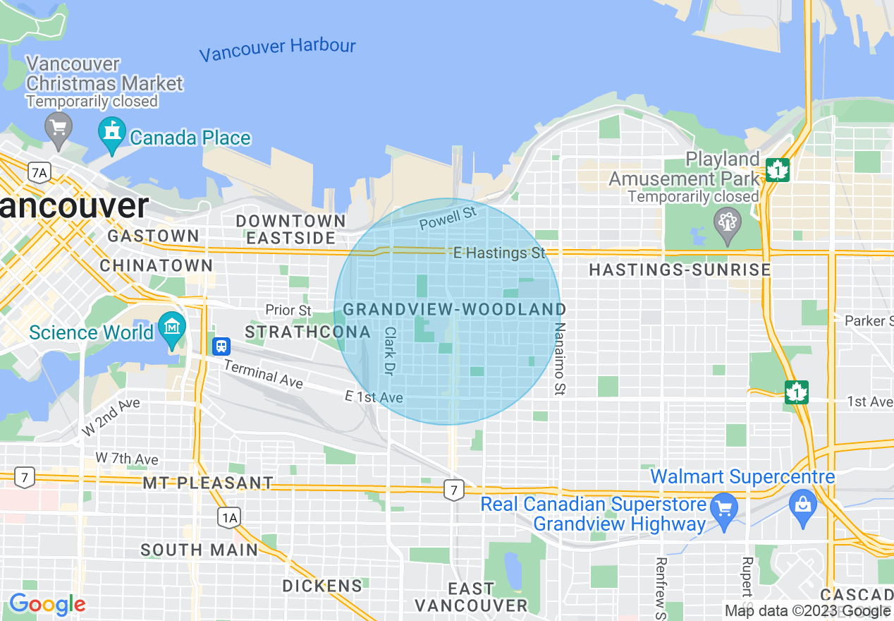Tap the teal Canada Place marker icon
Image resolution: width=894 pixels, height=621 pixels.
pos(111,135)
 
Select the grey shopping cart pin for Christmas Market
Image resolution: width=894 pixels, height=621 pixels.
pos(58,129)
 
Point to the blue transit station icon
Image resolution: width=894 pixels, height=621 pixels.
pos(221,346)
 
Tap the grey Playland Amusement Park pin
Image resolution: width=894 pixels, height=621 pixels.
pos(726,220)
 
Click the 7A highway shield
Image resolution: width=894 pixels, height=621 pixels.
pos(39,171)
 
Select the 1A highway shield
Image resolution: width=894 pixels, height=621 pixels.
pos(228,518)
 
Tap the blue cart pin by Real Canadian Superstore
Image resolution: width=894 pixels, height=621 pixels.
pos(723,508)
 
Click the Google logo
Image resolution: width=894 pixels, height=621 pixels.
pos(47,604)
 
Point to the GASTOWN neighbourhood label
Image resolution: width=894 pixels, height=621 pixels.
pos(154,236)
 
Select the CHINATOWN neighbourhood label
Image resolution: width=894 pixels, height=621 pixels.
pos(156,265)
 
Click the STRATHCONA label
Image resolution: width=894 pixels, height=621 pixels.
pos(307,332)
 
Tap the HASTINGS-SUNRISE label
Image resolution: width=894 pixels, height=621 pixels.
pos(679,270)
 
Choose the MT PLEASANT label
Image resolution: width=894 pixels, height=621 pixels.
pos(207,483)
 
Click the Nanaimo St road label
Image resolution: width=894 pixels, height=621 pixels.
pos(561,358)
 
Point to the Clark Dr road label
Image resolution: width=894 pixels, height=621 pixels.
pos(390,350)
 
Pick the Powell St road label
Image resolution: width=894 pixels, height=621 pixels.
pos(448,218)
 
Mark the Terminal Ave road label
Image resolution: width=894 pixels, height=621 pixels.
pos(263,374)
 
